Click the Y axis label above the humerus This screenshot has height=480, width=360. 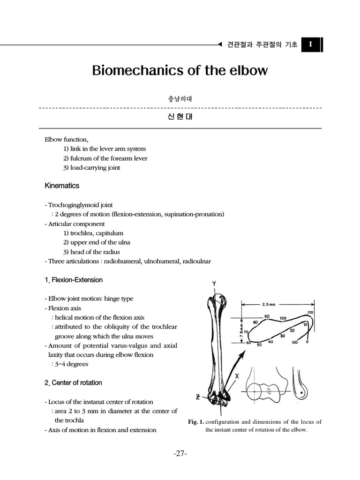click(214, 284)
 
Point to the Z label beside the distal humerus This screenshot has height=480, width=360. click(199, 397)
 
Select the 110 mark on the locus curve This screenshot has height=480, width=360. click(310, 313)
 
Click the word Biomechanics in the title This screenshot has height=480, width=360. click(133, 70)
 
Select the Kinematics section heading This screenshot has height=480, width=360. click(62, 186)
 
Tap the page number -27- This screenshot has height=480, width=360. click(180, 453)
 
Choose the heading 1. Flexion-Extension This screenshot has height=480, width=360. click(74, 280)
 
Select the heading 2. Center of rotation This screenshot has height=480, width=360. click(73, 382)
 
